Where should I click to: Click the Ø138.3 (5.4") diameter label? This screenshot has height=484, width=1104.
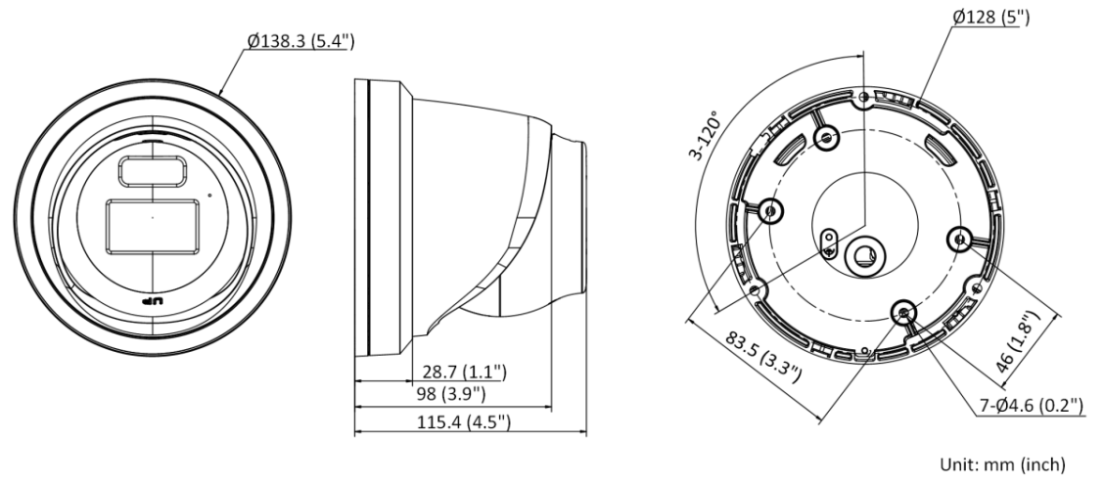coord(300,41)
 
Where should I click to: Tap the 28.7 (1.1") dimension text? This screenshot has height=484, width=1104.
coord(464,371)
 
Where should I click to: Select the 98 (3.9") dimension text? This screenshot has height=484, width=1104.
coord(450,394)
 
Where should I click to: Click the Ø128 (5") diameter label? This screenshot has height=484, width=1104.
coord(990,17)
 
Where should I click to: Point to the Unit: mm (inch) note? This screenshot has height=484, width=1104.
coord(1003,463)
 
